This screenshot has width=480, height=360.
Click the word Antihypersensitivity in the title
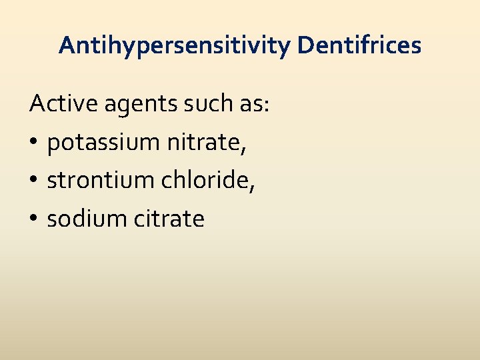pyautogui.click(x=175, y=45)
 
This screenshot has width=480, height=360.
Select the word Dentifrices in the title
pyautogui.click(x=359, y=45)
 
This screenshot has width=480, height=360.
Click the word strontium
pyautogui.click(x=93, y=180)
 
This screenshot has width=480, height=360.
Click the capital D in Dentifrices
pyautogui.click(x=305, y=45)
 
